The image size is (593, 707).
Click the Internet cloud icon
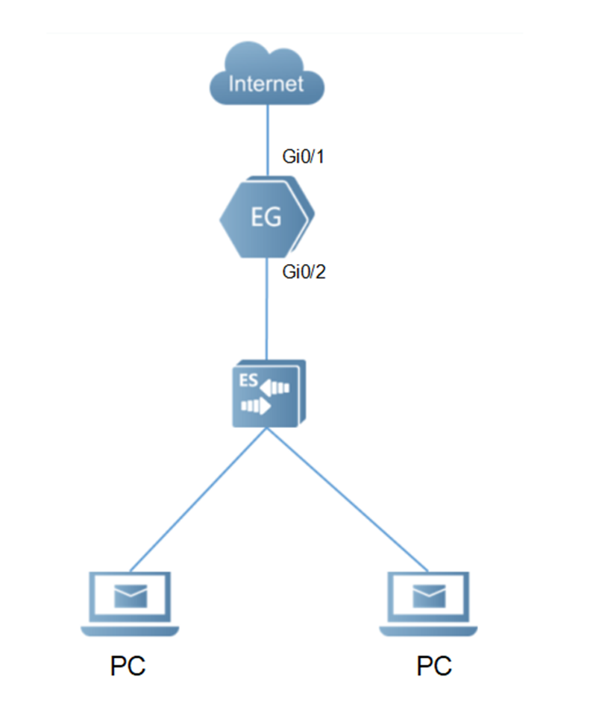267,75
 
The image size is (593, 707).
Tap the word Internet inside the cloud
267,83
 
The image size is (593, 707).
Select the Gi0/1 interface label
303,159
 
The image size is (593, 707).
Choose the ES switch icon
268,394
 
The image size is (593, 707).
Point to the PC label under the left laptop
128,665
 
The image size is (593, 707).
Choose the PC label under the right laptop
434,665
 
